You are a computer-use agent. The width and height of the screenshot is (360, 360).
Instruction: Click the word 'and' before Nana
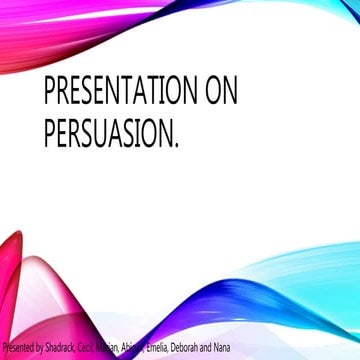tap(226, 349)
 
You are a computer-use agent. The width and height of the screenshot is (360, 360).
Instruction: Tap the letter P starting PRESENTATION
tap(51, 96)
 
